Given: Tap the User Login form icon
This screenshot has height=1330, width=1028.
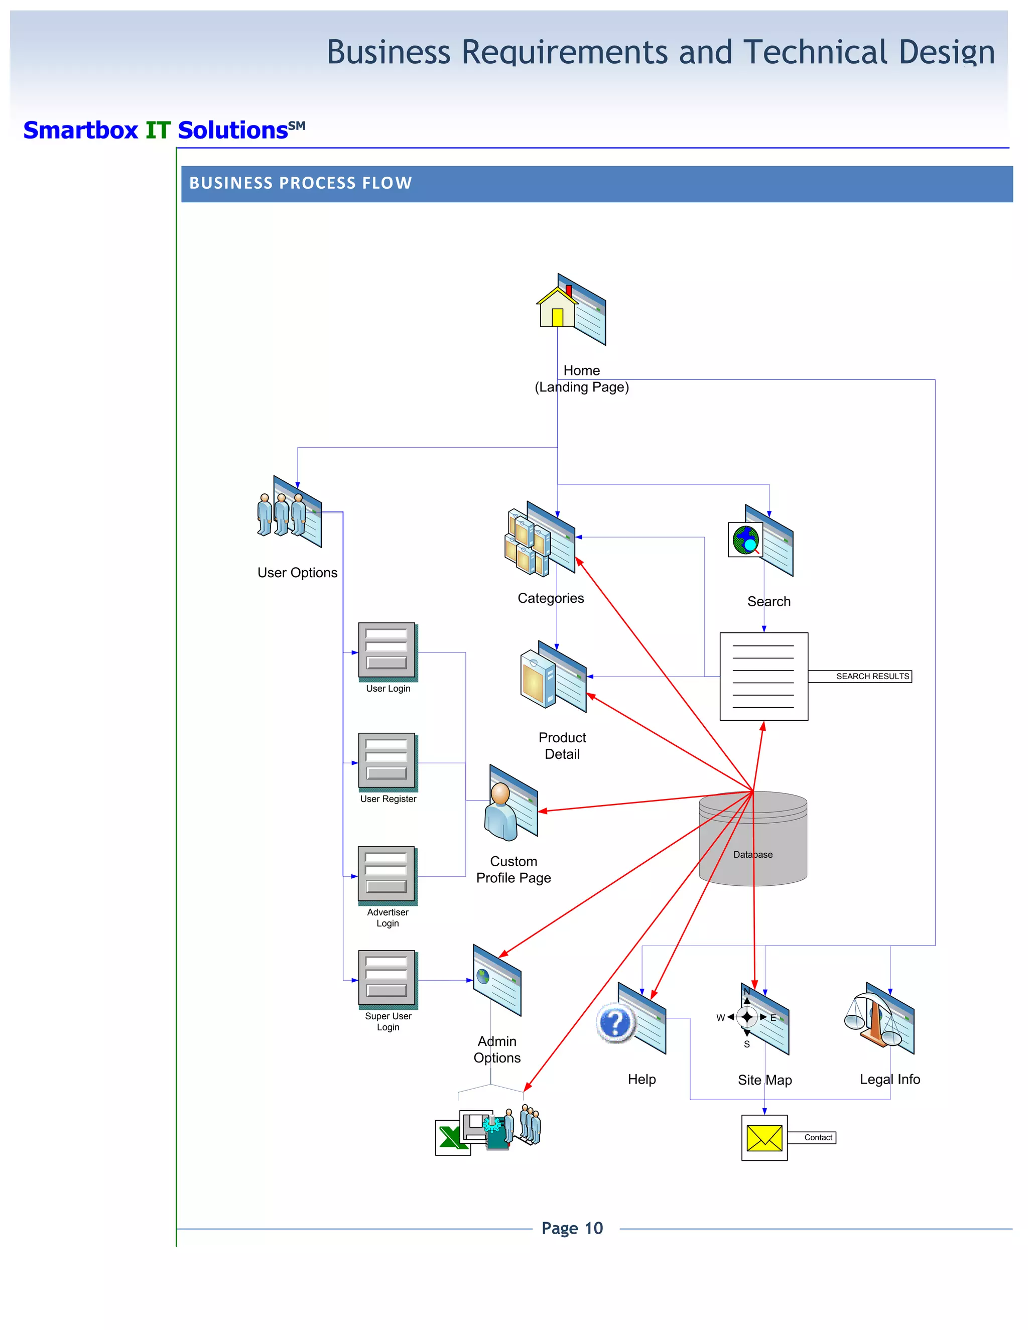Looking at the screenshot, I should [x=388, y=651].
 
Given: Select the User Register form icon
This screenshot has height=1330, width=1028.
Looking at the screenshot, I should [x=388, y=761].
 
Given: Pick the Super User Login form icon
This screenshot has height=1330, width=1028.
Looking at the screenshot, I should [x=388, y=979].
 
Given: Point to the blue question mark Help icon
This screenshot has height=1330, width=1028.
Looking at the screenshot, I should [x=616, y=1023].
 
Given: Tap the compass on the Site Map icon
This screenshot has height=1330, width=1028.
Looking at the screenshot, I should [x=747, y=1016].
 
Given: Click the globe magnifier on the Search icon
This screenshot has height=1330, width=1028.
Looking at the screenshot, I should [x=746, y=540].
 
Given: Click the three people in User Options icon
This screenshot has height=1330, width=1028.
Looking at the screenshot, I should [x=282, y=514].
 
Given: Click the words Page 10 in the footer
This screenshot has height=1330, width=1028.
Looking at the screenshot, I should [x=572, y=1228].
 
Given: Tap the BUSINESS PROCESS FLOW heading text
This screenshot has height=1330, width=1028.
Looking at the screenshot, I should [x=300, y=183].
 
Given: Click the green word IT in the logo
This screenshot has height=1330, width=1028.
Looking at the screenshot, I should [x=158, y=130].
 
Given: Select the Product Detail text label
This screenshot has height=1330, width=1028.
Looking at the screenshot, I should [x=562, y=745].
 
